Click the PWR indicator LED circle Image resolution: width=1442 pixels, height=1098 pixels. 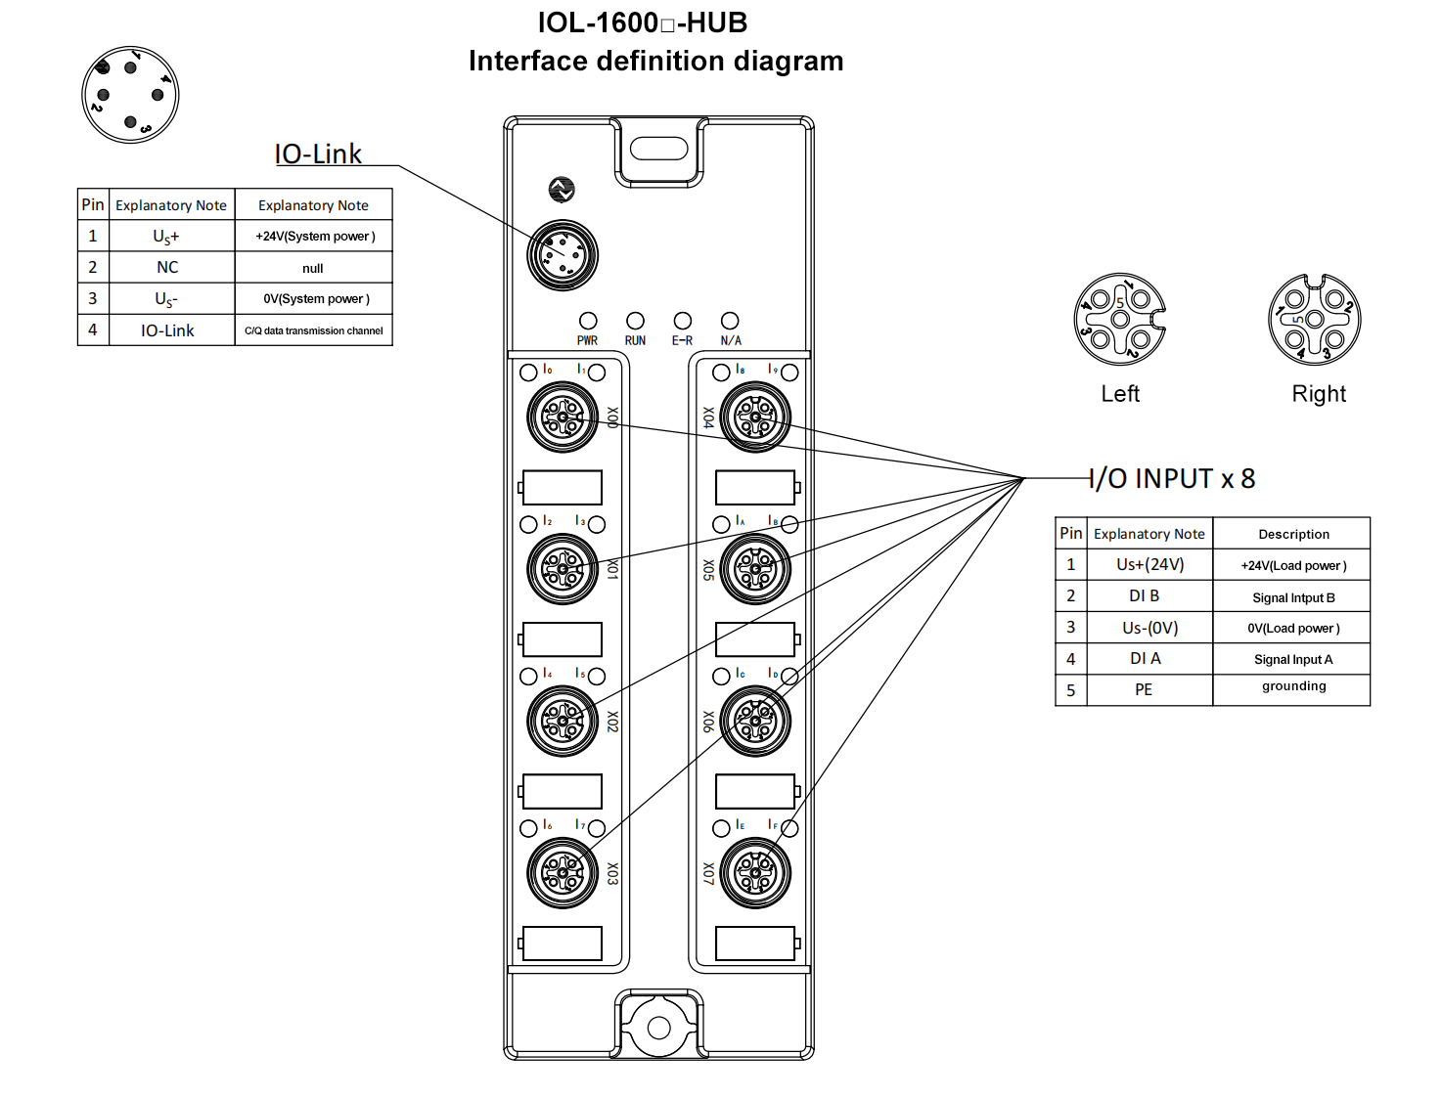coord(588,321)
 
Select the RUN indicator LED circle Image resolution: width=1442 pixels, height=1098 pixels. coord(635,321)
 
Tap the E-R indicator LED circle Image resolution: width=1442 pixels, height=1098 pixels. coord(682,321)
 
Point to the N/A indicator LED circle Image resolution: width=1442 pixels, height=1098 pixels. coord(730,321)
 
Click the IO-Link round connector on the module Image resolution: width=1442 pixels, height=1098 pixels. coord(563,255)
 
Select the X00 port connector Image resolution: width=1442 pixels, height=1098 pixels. coord(563,417)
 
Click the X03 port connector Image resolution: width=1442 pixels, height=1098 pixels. coord(563,873)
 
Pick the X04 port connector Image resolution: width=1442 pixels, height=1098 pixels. coord(755,417)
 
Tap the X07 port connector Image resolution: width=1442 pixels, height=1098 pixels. coord(755,873)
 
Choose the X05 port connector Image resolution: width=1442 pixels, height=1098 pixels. coord(755,569)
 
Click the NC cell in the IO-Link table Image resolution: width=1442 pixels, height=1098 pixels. coord(167,268)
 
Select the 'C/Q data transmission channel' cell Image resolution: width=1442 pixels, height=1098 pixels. coord(313,330)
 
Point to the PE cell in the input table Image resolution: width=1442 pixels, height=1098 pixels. coord(1144,690)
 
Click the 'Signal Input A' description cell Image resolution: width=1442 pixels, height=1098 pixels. coord(1292,660)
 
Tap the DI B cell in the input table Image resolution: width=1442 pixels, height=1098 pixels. coord(1144,596)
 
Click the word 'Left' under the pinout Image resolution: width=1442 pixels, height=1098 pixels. coord(1120,394)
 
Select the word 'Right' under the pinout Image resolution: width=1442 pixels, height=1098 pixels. coord(1319,394)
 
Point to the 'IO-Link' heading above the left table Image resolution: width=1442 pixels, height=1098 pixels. coord(318,154)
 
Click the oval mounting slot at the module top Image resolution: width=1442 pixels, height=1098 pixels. coord(659,149)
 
